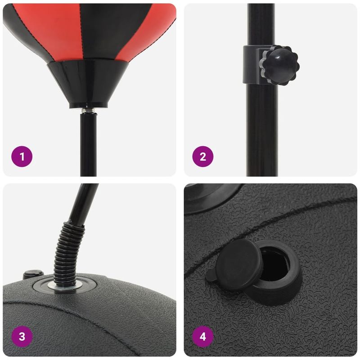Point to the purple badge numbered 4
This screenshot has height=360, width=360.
coord(202,336)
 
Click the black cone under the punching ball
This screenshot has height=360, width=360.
coord(89,83)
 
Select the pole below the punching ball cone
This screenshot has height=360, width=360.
coord(88,144)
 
